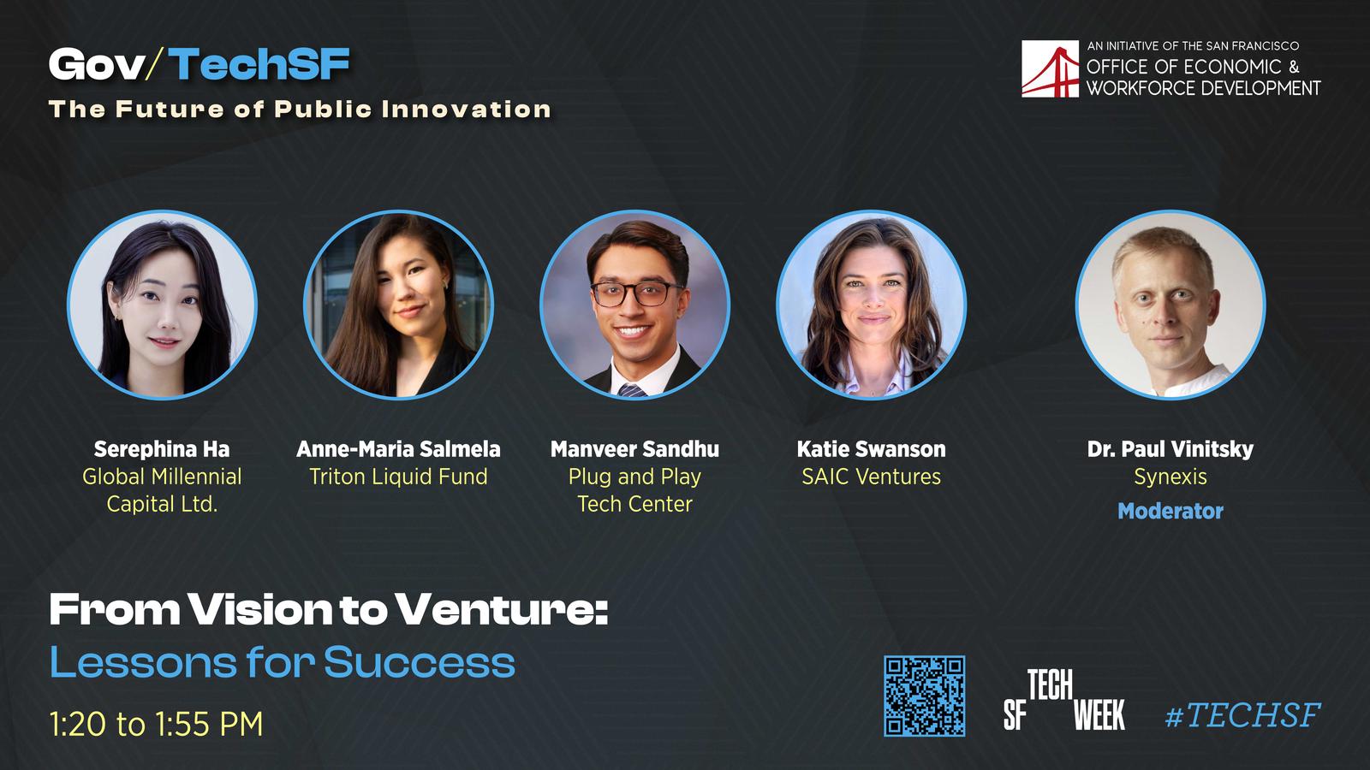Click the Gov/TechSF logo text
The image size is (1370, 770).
[200, 64]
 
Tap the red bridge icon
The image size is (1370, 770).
[1050, 69]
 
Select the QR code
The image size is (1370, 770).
[924, 696]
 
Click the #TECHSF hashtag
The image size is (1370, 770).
[1242, 715]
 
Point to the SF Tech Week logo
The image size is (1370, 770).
[1064, 701]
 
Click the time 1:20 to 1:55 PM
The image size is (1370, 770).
[156, 724]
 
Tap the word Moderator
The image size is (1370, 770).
[1170, 511]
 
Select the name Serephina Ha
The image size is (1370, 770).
[162, 449]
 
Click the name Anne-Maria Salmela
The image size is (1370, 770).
[398, 449]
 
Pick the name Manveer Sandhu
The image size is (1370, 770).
[634, 449]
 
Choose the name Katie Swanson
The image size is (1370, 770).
[871, 449]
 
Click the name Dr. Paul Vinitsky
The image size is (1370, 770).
[1170, 449]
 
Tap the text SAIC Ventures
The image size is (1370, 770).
[871, 477]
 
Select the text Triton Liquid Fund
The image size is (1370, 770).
[398, 477]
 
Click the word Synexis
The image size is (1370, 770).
[1170, 477]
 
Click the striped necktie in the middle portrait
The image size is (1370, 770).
[632, 390]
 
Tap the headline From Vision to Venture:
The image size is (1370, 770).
[329, 609]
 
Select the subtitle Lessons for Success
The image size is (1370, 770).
[282, 662]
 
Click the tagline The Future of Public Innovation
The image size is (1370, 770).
[300, 110]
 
